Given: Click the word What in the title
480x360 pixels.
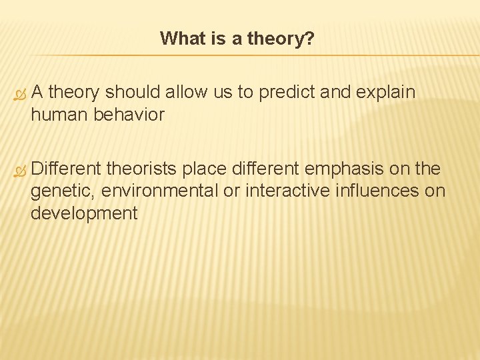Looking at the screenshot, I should [x=180, y=39].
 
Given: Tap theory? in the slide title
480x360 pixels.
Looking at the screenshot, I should [x=281, y=39].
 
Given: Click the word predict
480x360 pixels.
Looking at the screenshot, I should [x=285, y=92].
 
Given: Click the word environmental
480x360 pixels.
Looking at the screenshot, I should [x=159, y=191].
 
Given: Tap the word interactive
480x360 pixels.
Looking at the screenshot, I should [x=287, y=191].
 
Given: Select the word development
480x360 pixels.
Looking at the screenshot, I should [x=83, y=213].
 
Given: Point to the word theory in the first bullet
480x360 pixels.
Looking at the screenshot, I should [x=73, y=92].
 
